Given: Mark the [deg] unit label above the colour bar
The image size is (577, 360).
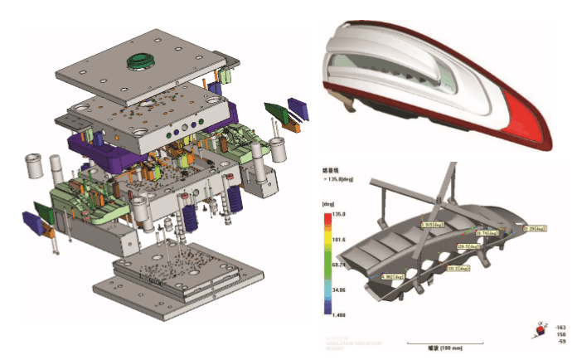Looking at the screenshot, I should (x=329, y=202).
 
